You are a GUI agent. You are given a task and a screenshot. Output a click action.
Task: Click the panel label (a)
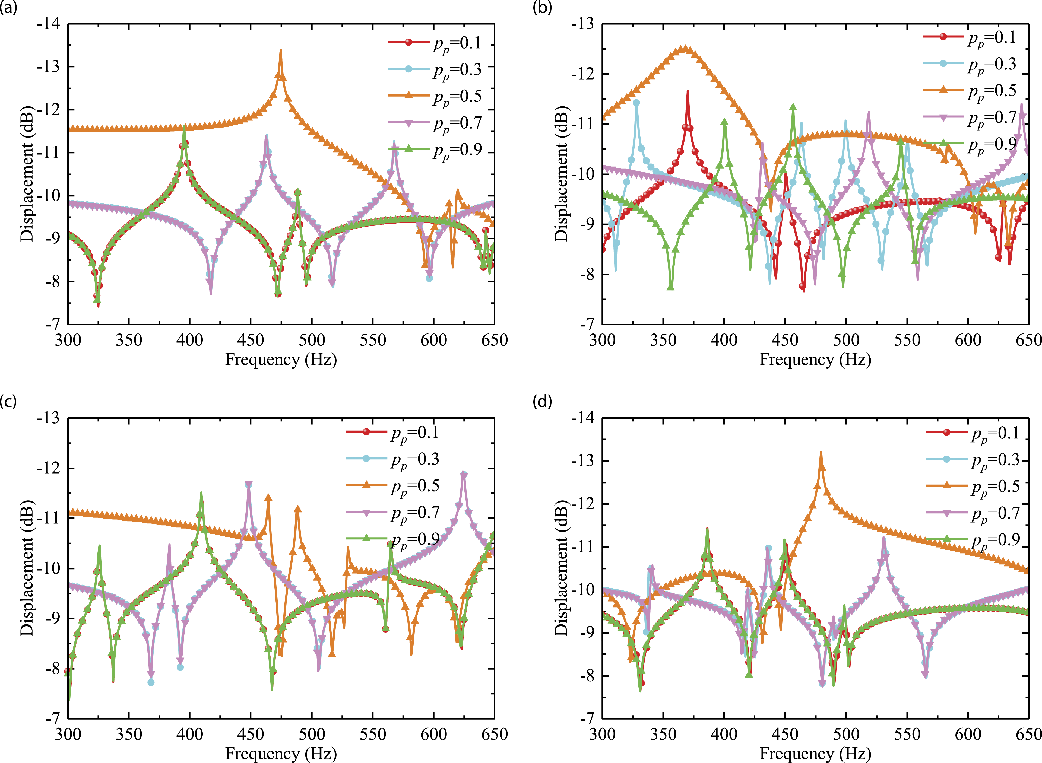(x=9, y=8)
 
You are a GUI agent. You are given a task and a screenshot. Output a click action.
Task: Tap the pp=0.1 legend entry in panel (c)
(x=392, y=433)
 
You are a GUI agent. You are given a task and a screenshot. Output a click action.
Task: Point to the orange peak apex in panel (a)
(x=280, y=50)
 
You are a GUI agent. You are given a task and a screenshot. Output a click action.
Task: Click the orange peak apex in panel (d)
(x=821, y=452)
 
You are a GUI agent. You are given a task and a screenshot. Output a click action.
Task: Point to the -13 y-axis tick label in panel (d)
(x=583, y=461)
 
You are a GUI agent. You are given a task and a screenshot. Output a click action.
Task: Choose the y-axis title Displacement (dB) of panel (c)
(x=27, y=568)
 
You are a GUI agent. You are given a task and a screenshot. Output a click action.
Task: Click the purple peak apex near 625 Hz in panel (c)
(x=463, y=472)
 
